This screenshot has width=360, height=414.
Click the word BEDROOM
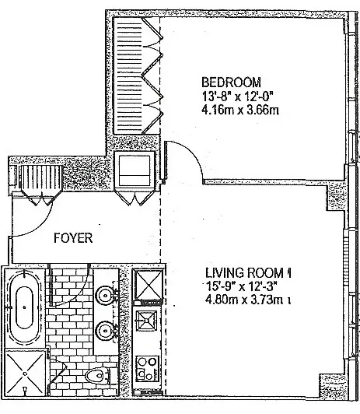click(231, 82)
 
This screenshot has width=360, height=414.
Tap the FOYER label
click(75, 239)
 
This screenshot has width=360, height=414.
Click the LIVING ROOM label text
click(246, 273)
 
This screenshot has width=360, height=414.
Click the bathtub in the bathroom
click(23, 309)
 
